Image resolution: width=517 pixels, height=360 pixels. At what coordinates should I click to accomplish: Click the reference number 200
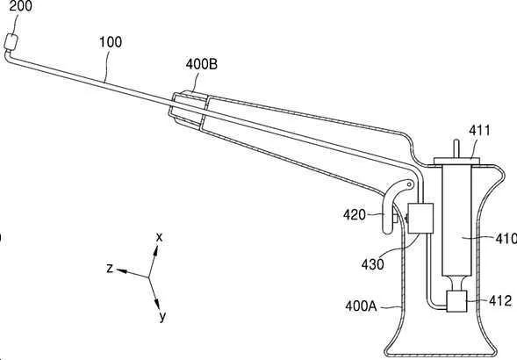(20, 6)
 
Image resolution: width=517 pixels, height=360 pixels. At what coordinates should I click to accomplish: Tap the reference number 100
(111, 42)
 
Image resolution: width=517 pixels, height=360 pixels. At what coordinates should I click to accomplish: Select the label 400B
(202, 64)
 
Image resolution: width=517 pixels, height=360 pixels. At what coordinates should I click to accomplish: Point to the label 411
(479, 130)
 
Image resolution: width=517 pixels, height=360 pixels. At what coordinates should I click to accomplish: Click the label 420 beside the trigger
(355, 215)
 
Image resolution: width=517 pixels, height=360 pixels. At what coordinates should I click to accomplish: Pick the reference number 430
(372, 264)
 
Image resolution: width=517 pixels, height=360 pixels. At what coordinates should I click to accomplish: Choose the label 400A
(361, 306)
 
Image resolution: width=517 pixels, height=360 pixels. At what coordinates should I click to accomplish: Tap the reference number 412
(500, 301)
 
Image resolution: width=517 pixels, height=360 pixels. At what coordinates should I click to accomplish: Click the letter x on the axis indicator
(159, 237)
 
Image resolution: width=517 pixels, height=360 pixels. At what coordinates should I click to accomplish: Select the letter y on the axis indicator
(162, 316)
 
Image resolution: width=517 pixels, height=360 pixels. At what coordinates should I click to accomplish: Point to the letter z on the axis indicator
(110, 268)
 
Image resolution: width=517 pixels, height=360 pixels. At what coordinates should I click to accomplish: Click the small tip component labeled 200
(11, 42)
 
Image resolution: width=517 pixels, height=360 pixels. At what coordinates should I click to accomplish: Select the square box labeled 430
(420, 219)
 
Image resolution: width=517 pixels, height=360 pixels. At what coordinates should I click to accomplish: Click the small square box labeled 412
(456, 301)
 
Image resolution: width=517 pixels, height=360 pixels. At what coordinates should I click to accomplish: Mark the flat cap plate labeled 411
(456, 161)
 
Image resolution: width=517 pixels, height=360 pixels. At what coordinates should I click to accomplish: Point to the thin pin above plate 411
(456, 148)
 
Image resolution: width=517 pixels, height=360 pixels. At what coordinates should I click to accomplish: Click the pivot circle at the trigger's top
(410, 184)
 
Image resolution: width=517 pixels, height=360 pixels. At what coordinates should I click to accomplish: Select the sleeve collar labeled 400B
(188, 111)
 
